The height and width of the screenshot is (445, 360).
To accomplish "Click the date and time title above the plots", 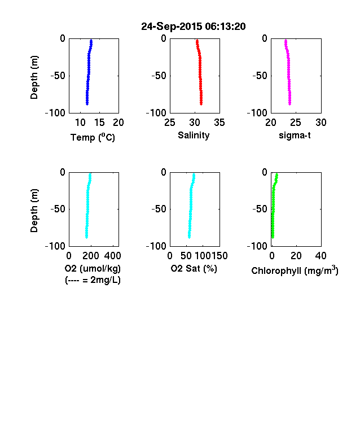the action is click(194, 27).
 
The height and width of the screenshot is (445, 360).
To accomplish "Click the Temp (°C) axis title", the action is click(93, 137).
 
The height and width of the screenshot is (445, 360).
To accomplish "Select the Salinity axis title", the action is click(194, 135).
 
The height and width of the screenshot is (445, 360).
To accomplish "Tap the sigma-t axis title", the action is click(295, 136).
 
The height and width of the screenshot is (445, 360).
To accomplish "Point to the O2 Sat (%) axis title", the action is click(194, 268).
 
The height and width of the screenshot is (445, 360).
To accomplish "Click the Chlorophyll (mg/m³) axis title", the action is click(295, 270).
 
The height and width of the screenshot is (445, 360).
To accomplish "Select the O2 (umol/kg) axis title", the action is click(93, 268).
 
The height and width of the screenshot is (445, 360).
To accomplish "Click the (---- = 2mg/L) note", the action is click(93, 280).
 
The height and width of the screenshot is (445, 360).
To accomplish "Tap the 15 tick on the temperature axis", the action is click(99, 123).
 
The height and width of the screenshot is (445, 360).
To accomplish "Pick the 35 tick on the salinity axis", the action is click(219, 123).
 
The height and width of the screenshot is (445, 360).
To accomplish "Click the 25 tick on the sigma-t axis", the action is click(296, 123).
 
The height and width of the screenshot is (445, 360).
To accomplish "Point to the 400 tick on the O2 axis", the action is click(112, 256).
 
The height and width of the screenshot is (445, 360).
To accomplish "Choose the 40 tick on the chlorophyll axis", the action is click(321, 256).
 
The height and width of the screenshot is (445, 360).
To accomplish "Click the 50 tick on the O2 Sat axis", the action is click(186, 256).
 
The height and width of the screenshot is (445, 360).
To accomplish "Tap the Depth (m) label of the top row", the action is click(34, 77).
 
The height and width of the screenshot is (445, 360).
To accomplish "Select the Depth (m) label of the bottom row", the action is click(34, 211).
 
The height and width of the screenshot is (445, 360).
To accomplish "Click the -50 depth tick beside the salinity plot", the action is click(159, 76).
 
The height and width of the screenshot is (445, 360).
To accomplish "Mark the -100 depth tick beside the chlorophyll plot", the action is click(257, 246).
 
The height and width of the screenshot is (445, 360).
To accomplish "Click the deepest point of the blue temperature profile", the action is click(87, 104).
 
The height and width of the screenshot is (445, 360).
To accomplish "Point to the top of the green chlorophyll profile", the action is click(276, 174).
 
